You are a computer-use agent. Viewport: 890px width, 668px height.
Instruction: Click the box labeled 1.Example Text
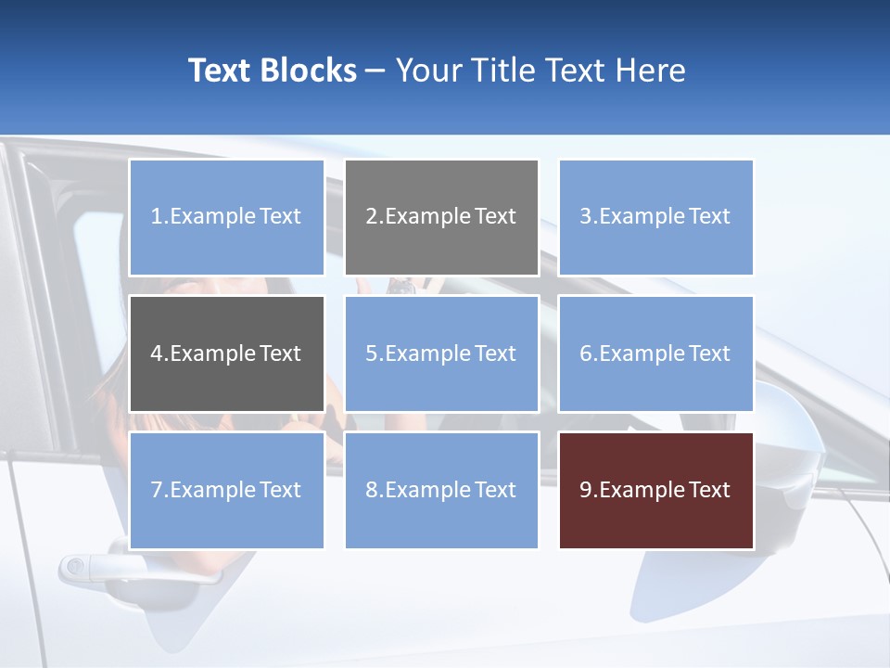226,217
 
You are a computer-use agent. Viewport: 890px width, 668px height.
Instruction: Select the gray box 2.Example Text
441,217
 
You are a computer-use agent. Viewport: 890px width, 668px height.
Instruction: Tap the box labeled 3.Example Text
655,217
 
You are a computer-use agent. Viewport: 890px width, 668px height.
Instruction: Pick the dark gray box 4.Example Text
226,353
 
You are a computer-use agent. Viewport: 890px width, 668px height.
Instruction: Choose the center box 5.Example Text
441,353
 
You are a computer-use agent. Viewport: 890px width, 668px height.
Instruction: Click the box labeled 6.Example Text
655,353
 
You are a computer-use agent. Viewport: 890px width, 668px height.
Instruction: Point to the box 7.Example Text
226,490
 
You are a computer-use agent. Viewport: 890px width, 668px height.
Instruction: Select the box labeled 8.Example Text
441,490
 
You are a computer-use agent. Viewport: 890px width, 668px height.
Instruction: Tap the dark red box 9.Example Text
655,490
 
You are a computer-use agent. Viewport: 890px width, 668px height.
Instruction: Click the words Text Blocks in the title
272,71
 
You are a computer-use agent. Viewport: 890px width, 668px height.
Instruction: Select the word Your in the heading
430,71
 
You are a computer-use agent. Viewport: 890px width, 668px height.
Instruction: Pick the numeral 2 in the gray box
371,217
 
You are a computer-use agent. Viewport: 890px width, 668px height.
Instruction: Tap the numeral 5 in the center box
371,353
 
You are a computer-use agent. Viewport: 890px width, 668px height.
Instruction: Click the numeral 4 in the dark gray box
157,353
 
